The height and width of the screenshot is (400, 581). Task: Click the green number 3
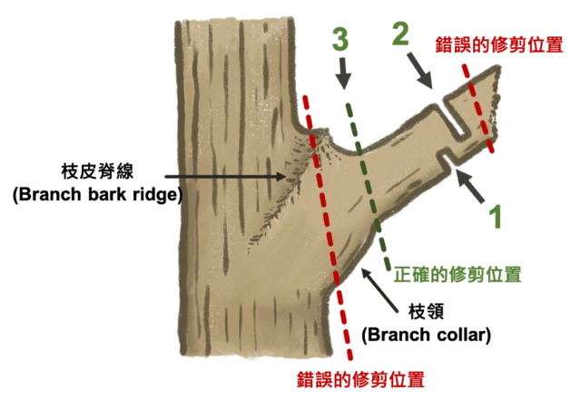[x=340, y=39]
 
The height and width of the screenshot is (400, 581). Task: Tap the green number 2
[x=400, y=34]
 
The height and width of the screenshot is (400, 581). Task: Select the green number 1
[x=495, y=216]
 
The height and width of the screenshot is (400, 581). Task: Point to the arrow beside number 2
[x=419, y=71]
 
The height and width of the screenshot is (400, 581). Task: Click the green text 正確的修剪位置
[x=458, y=275]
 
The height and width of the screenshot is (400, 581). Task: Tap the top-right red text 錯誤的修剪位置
[x=499, y=44]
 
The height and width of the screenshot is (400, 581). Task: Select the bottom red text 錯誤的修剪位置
[x=360, y=379]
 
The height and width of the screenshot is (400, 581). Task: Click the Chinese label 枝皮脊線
[x=97, y=171]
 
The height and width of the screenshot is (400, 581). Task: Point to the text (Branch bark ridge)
[x=97, y=194]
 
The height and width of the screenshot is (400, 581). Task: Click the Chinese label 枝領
[x=426, y=311]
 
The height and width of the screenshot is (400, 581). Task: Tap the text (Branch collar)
[x=426, y=335]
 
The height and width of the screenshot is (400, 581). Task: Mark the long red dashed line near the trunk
[x=328, y=227]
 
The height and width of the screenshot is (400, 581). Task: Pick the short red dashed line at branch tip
[x=478, y=108]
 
